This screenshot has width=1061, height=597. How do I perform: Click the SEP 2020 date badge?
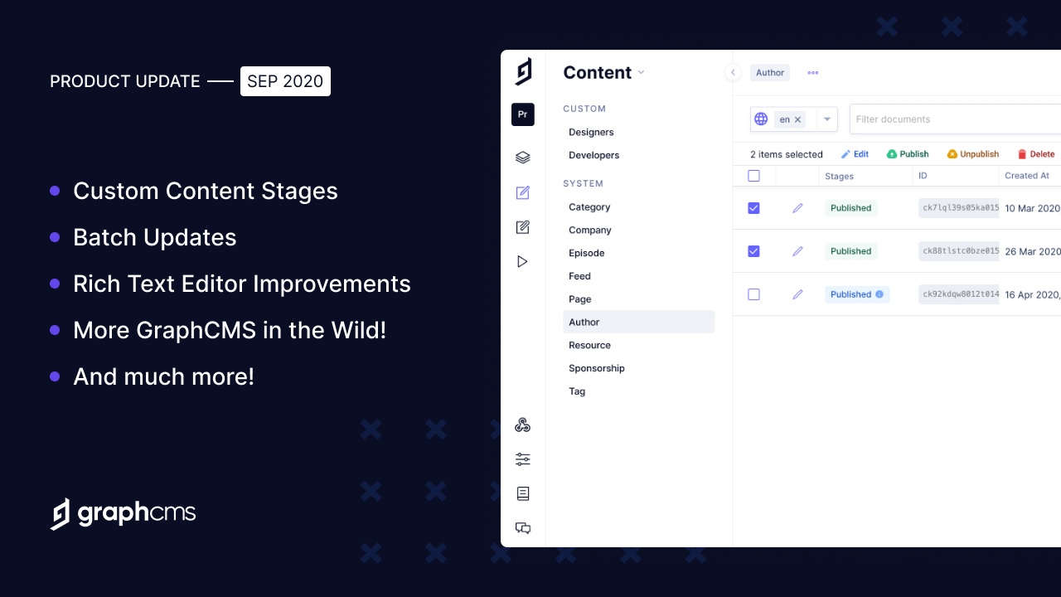(285, 81)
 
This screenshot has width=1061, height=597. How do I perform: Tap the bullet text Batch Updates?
(154, 237)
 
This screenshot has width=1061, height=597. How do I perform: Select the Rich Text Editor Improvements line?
(241, 284)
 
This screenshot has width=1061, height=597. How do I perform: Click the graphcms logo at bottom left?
(123, 513)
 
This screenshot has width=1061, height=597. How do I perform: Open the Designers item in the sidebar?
(591, 132)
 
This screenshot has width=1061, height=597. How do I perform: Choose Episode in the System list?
(586, 253)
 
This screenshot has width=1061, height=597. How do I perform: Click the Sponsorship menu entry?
(596, 368)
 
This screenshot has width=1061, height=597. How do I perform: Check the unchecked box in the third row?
(753, 294)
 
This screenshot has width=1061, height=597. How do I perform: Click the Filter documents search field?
(953, 119)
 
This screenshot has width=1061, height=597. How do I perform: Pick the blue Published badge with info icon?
(856, 294)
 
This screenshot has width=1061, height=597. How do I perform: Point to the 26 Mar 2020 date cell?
(1032, 251)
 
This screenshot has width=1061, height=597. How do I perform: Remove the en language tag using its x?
(798, 119)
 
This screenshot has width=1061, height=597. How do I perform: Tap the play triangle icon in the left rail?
(522, 262)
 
